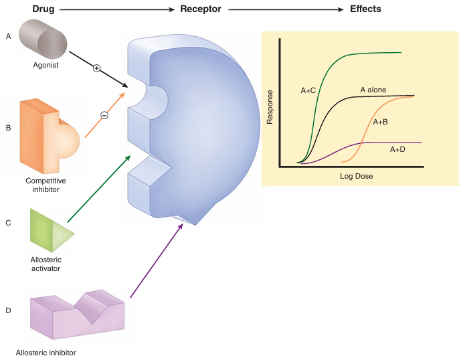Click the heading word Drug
(43, 9)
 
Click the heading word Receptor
(201, 9)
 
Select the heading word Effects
(365, 9)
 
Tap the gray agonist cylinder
(41, 39)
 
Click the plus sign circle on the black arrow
(96, 68)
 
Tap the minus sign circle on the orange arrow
(104, 115)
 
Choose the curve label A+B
(381, 122)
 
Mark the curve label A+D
(398, 150)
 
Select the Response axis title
(270, 107)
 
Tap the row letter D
(8, 310)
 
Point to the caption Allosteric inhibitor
(46, 352)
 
